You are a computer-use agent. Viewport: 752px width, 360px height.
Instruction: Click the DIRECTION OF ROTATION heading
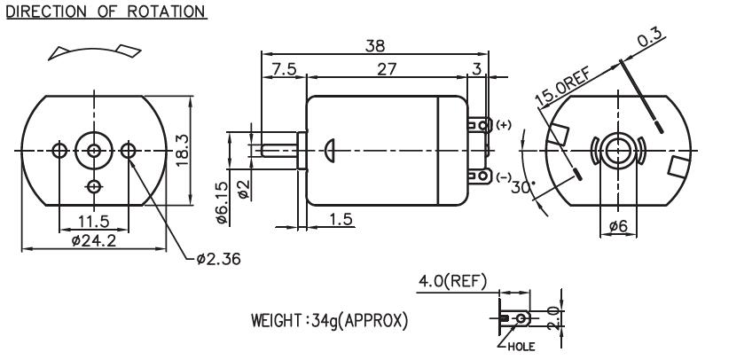[106, 12]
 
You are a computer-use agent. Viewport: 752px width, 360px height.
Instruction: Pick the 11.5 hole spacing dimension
[93, 218]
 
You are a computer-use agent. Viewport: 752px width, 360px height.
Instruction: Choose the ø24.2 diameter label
[92, 240]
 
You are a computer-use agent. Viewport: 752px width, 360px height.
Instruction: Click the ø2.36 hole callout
[217, 260]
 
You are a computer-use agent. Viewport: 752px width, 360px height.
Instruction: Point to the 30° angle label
[529, 187]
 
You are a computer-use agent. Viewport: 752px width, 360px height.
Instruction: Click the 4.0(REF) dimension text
[452, 283]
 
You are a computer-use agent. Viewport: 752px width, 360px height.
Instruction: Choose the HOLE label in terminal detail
[521, 346]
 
